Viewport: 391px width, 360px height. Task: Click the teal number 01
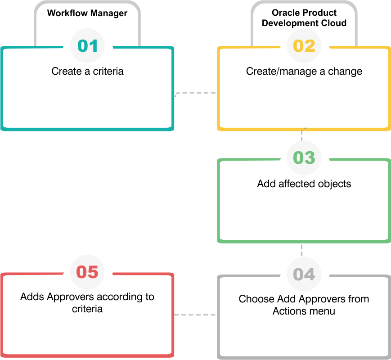87,46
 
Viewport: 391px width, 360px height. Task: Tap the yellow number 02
304,46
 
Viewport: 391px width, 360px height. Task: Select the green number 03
304,157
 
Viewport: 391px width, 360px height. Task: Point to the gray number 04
304,274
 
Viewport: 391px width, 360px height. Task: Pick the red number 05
87,272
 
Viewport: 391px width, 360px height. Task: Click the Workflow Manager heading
87,13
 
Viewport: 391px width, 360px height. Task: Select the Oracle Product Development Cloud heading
304,18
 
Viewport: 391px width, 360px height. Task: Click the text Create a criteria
87,72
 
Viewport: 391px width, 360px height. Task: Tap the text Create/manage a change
304,72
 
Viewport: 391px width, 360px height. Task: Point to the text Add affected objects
304,184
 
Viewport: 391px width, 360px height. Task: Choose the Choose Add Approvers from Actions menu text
304,305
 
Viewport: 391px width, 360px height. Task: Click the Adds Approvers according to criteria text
87,302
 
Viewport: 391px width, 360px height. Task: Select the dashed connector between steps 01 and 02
195,93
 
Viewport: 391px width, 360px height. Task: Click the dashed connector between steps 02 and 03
302,135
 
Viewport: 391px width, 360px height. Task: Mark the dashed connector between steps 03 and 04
302,250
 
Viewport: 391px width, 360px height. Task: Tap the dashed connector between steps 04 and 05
195,315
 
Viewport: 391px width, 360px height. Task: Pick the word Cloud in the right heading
334,23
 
